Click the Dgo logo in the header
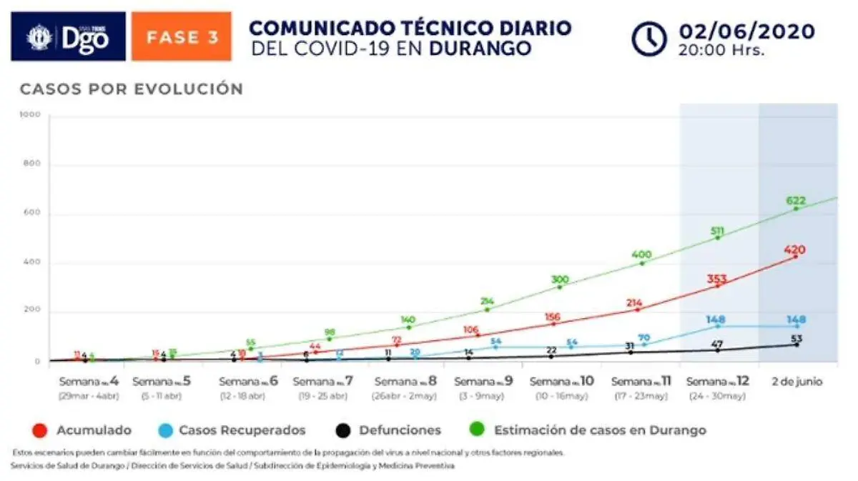(x=68, y=36)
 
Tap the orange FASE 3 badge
(x=182, y=36)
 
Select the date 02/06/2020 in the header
(x=746, y=31)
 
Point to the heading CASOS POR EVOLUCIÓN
(x=132, y=89)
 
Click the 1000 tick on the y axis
(x=30, y=114)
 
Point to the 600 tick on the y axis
(x=32, y=214)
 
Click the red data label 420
(x=794, y=250)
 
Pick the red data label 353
(x=717, y=279)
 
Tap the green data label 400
(x=641, y=254)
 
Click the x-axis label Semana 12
(x=717, y=382)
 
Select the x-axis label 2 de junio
(x=797, y=382)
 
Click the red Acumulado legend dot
(x=41, y=430)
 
